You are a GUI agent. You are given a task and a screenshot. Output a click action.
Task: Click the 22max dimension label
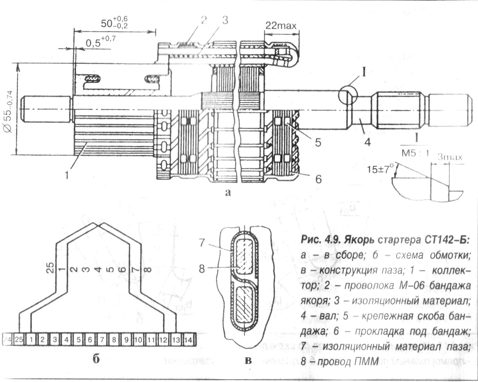point(281,26)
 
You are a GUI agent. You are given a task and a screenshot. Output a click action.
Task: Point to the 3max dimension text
point(450,157)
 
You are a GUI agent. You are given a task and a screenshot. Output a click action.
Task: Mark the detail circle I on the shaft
point(348,94)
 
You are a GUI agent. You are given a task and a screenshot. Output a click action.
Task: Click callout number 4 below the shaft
point(367,142)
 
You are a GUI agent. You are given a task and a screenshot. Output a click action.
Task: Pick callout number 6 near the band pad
point(318,179)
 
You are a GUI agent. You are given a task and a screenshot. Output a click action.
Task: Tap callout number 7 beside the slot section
point(202,243)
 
